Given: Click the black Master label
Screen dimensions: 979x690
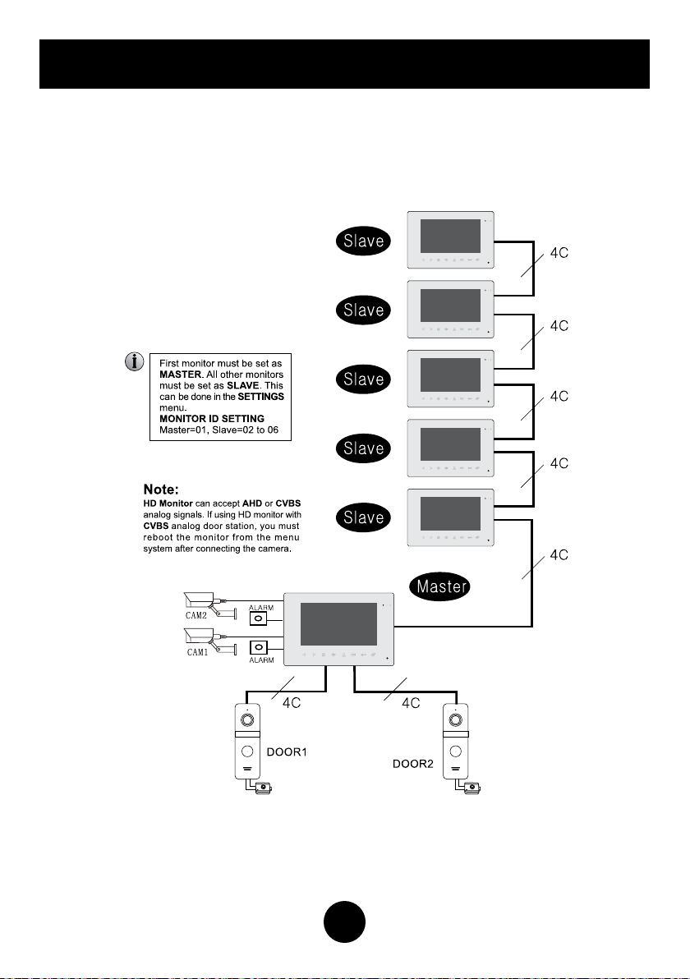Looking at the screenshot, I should click(x=439, y=586).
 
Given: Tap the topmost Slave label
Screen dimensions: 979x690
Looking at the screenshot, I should click(x=364, y=241).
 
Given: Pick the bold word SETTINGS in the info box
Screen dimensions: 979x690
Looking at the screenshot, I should click(x=257, y=397).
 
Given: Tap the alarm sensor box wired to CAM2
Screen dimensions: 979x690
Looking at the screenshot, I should click(x=259, y=618).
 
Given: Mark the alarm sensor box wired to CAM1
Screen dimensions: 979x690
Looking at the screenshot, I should click(x=259, y=647).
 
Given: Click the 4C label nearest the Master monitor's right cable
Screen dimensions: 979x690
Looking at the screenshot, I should click(x=559, y=556).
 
